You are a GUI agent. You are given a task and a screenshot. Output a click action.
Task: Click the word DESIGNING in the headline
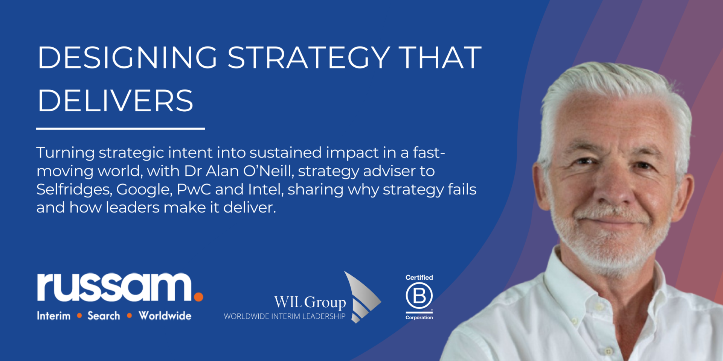127,58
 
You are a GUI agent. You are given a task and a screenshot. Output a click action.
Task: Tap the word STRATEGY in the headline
309,58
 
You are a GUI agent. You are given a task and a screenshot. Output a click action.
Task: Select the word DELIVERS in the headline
115,101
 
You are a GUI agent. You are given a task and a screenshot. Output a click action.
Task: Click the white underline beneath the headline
120,129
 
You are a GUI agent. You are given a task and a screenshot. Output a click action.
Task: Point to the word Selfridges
74,190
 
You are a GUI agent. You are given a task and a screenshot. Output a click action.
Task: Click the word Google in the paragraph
144,190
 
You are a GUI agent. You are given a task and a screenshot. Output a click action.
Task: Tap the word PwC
194,189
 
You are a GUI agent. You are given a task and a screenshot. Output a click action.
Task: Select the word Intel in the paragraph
266,189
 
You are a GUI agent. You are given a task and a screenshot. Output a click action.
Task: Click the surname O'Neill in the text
268,171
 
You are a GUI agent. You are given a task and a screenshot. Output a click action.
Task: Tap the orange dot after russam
198,297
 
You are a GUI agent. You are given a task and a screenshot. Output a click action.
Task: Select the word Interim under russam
53,315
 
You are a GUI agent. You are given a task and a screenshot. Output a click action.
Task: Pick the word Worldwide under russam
165,315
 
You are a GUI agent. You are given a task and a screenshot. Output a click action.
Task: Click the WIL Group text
310,302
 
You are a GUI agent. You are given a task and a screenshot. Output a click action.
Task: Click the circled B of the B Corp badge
419,296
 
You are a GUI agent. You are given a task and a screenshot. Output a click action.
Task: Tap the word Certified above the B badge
419,278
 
